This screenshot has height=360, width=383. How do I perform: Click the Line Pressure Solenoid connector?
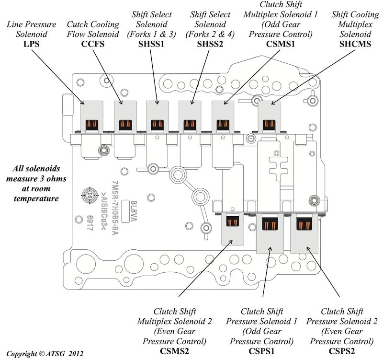click(91, 126)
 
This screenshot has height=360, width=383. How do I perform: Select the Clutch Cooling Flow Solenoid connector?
click(124, 126)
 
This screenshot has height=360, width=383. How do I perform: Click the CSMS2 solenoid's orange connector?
click(233, 221)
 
